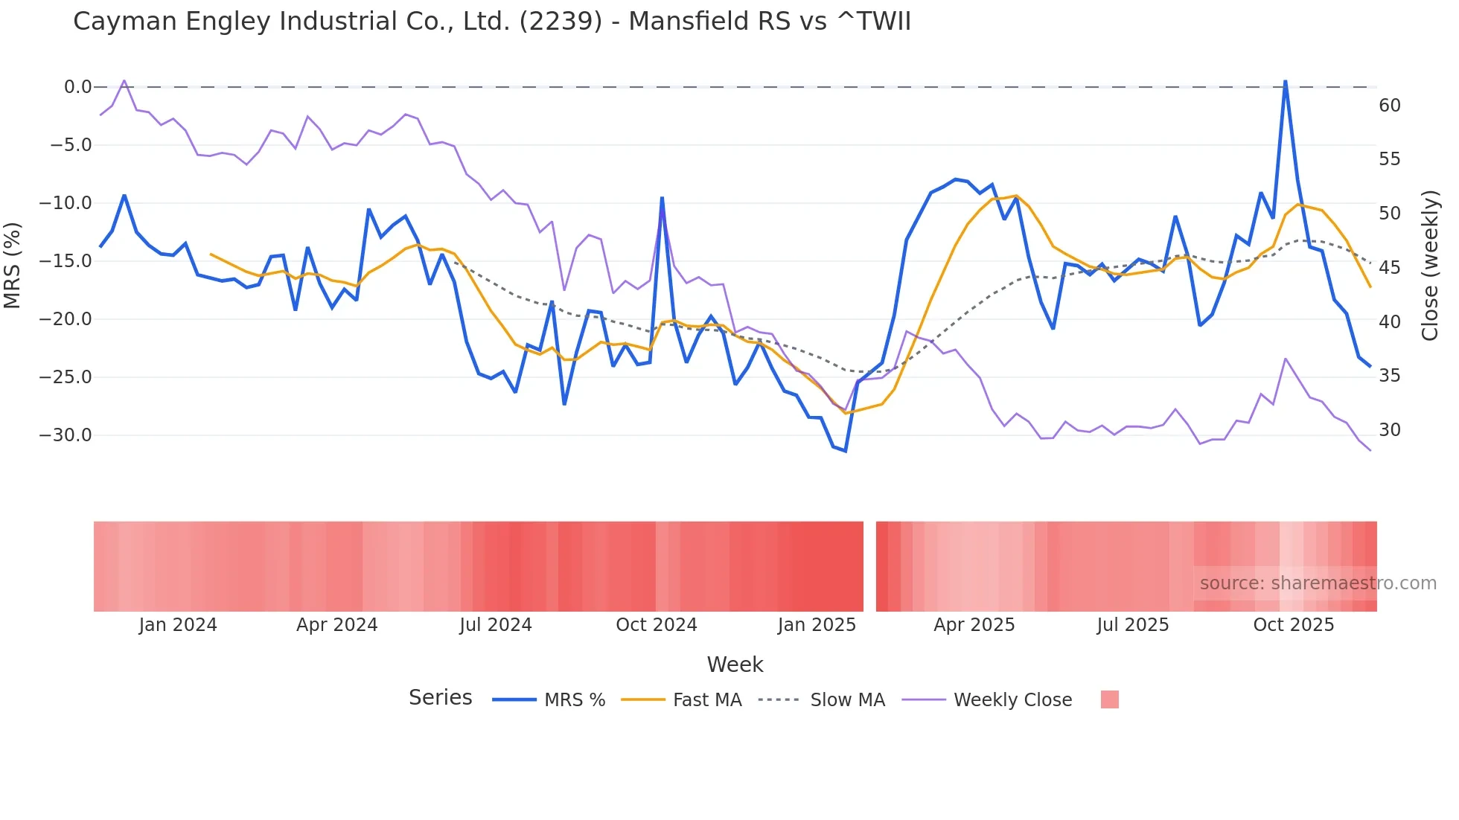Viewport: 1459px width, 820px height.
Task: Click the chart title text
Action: click(x=491, y=22)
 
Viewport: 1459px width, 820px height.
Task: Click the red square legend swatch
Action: click(x=1109, y=699)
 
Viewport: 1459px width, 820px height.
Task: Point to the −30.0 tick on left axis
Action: click(x=66, y=435)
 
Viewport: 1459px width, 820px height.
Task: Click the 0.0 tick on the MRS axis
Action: click(x=77, y=87)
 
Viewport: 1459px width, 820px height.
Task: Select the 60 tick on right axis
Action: click(x=1389, y=106)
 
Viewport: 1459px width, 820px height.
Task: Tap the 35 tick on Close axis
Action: click(x=1389, y=376)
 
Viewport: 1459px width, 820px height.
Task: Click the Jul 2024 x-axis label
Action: click(x=495, y=625)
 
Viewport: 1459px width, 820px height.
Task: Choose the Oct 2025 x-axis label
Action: click(x=1293, y=625)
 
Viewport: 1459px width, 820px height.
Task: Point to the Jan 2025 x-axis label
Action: click(x=817, y=625)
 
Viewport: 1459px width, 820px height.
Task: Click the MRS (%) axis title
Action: click(x=13, y=265)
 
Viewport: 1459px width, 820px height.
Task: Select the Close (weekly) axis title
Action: click(x=1430, y=265)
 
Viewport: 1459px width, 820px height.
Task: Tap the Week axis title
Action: click(x=735, y=664)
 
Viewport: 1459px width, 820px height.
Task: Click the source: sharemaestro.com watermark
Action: click(x=1318, y=583)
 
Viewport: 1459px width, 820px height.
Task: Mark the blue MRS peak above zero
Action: click(x=1285, y=81)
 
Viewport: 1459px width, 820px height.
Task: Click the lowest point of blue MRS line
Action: click(x=845, y=451)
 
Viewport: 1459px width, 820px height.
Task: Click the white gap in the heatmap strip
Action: click(x=869, y=566)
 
